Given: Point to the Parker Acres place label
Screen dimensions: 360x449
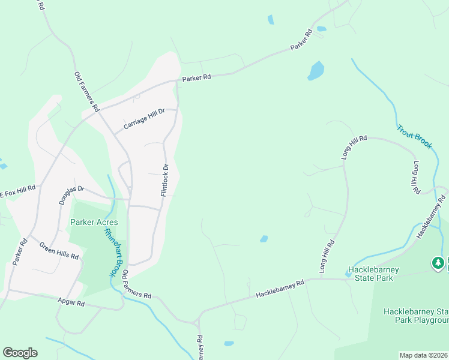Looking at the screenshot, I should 94,222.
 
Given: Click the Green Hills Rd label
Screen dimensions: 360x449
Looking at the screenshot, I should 59,250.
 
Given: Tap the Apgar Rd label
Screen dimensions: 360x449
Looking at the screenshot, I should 71,304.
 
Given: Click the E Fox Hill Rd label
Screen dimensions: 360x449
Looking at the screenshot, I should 17,190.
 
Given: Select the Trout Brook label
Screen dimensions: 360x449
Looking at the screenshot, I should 414,137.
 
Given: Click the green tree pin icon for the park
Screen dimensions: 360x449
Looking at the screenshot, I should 438,262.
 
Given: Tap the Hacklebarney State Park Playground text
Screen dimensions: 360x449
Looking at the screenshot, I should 416,316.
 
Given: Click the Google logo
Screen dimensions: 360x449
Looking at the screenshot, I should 20,353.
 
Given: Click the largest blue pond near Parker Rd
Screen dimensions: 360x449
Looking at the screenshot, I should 316,71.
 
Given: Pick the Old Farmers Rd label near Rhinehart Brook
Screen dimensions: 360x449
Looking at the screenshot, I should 137,284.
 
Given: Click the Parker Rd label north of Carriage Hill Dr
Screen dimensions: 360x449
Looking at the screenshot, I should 197,77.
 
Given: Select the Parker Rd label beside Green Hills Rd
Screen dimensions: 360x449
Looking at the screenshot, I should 20,253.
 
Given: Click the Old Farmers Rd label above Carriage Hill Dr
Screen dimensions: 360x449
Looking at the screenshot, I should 86,92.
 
